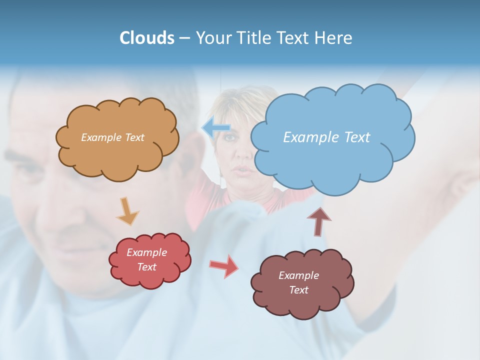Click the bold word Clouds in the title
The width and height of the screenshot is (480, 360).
tap(147, 38)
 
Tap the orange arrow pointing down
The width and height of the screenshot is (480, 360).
tap(127, 211)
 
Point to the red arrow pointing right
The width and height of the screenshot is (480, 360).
tap(224, 266)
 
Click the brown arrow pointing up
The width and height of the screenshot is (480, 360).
tap(319, 220)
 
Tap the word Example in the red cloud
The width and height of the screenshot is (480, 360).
tap(147, 252)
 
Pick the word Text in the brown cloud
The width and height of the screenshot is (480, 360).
tap(298, 290)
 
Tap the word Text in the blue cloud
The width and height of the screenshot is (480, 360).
tap(357, 137)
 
